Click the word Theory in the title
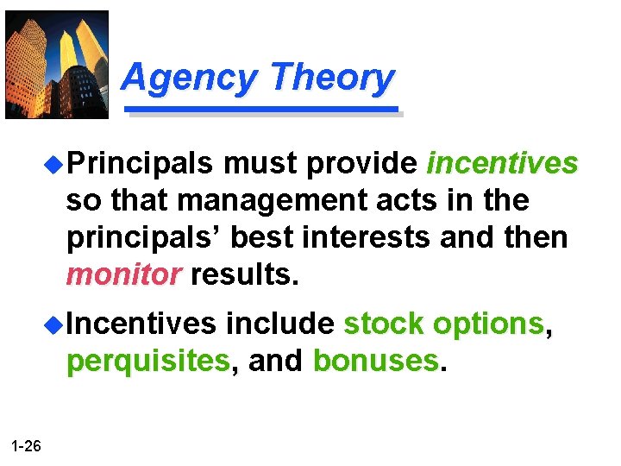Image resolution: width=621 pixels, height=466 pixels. point(332,78)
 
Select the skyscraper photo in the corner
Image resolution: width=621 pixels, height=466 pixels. point(57,64)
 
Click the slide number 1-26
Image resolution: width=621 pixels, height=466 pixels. point(27,445)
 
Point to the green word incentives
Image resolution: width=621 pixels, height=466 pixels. point(502,163)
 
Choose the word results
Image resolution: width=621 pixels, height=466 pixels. point(245,274)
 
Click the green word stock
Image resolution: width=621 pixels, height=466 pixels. point(384,324)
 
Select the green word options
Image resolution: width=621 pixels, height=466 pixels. point(488,324)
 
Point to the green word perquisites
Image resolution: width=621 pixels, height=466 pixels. point(148,362)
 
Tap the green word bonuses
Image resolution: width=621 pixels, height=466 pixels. point(376,362)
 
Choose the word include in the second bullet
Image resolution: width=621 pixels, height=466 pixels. point(279,324)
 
